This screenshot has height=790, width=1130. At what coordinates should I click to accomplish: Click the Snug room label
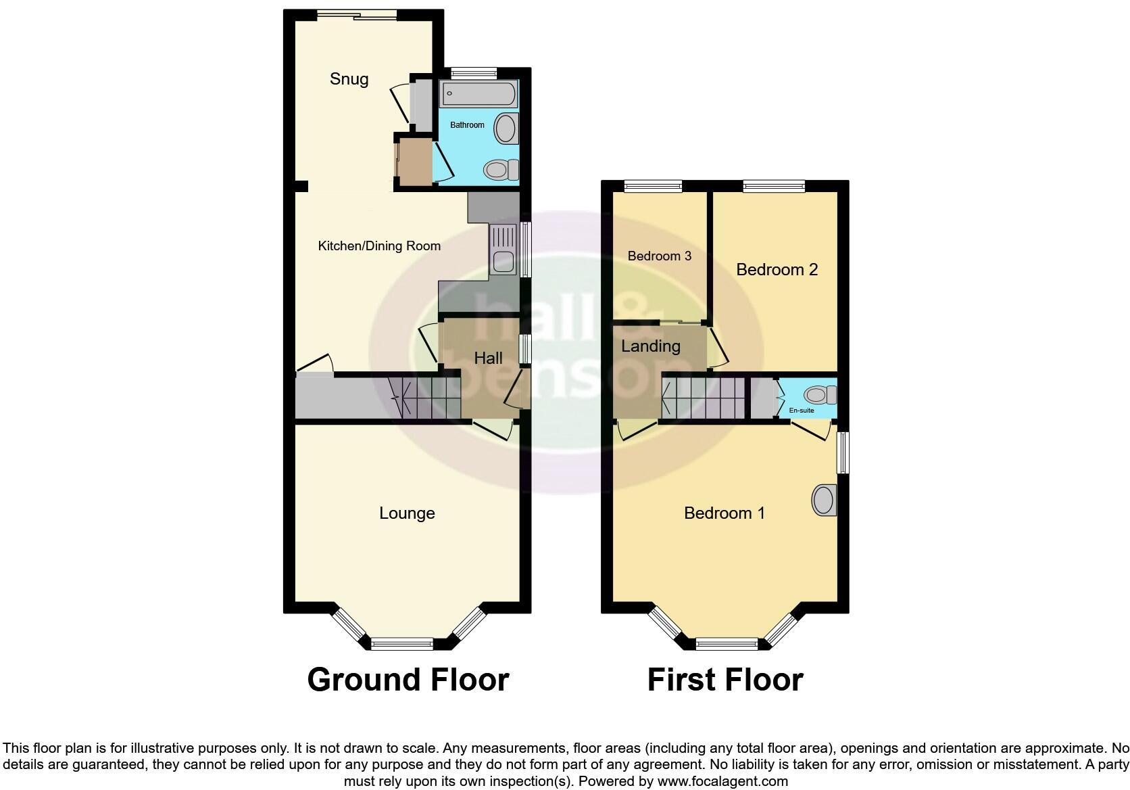349,79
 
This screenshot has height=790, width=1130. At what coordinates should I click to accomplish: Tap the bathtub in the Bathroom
479,94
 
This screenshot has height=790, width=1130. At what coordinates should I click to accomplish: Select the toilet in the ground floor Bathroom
501,169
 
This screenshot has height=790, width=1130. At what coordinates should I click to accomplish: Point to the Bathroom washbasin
506,128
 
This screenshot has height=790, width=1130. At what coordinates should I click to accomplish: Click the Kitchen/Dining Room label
379,246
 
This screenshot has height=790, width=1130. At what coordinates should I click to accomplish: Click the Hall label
488,358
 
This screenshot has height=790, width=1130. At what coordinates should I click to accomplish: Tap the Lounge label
407,513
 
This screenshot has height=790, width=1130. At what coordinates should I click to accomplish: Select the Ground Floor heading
408,680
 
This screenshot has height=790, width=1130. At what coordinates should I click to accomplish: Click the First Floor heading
725,680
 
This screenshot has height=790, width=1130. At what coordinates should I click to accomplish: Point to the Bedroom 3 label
659,256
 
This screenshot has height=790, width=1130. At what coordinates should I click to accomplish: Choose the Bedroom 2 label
777,270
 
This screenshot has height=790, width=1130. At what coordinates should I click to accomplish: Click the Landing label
650,346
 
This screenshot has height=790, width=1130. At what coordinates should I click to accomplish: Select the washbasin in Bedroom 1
823,501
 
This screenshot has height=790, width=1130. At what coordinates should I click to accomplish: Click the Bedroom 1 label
724,513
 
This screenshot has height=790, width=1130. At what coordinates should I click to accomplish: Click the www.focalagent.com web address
722,781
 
